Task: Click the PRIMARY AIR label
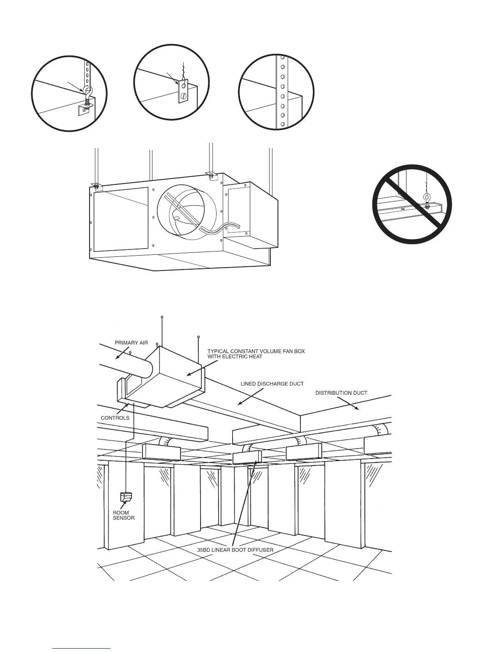point(131,342)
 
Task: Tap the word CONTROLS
point(115,418)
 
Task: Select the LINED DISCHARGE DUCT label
point(272,384)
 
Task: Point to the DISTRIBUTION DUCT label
point(341,393)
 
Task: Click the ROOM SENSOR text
point(123,515)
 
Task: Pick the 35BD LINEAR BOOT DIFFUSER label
point(235,550)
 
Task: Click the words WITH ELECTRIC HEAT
point(235,356)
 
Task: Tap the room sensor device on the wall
point(125,497)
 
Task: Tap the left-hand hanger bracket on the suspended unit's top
point(95,185)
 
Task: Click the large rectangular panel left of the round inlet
point(121,219)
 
